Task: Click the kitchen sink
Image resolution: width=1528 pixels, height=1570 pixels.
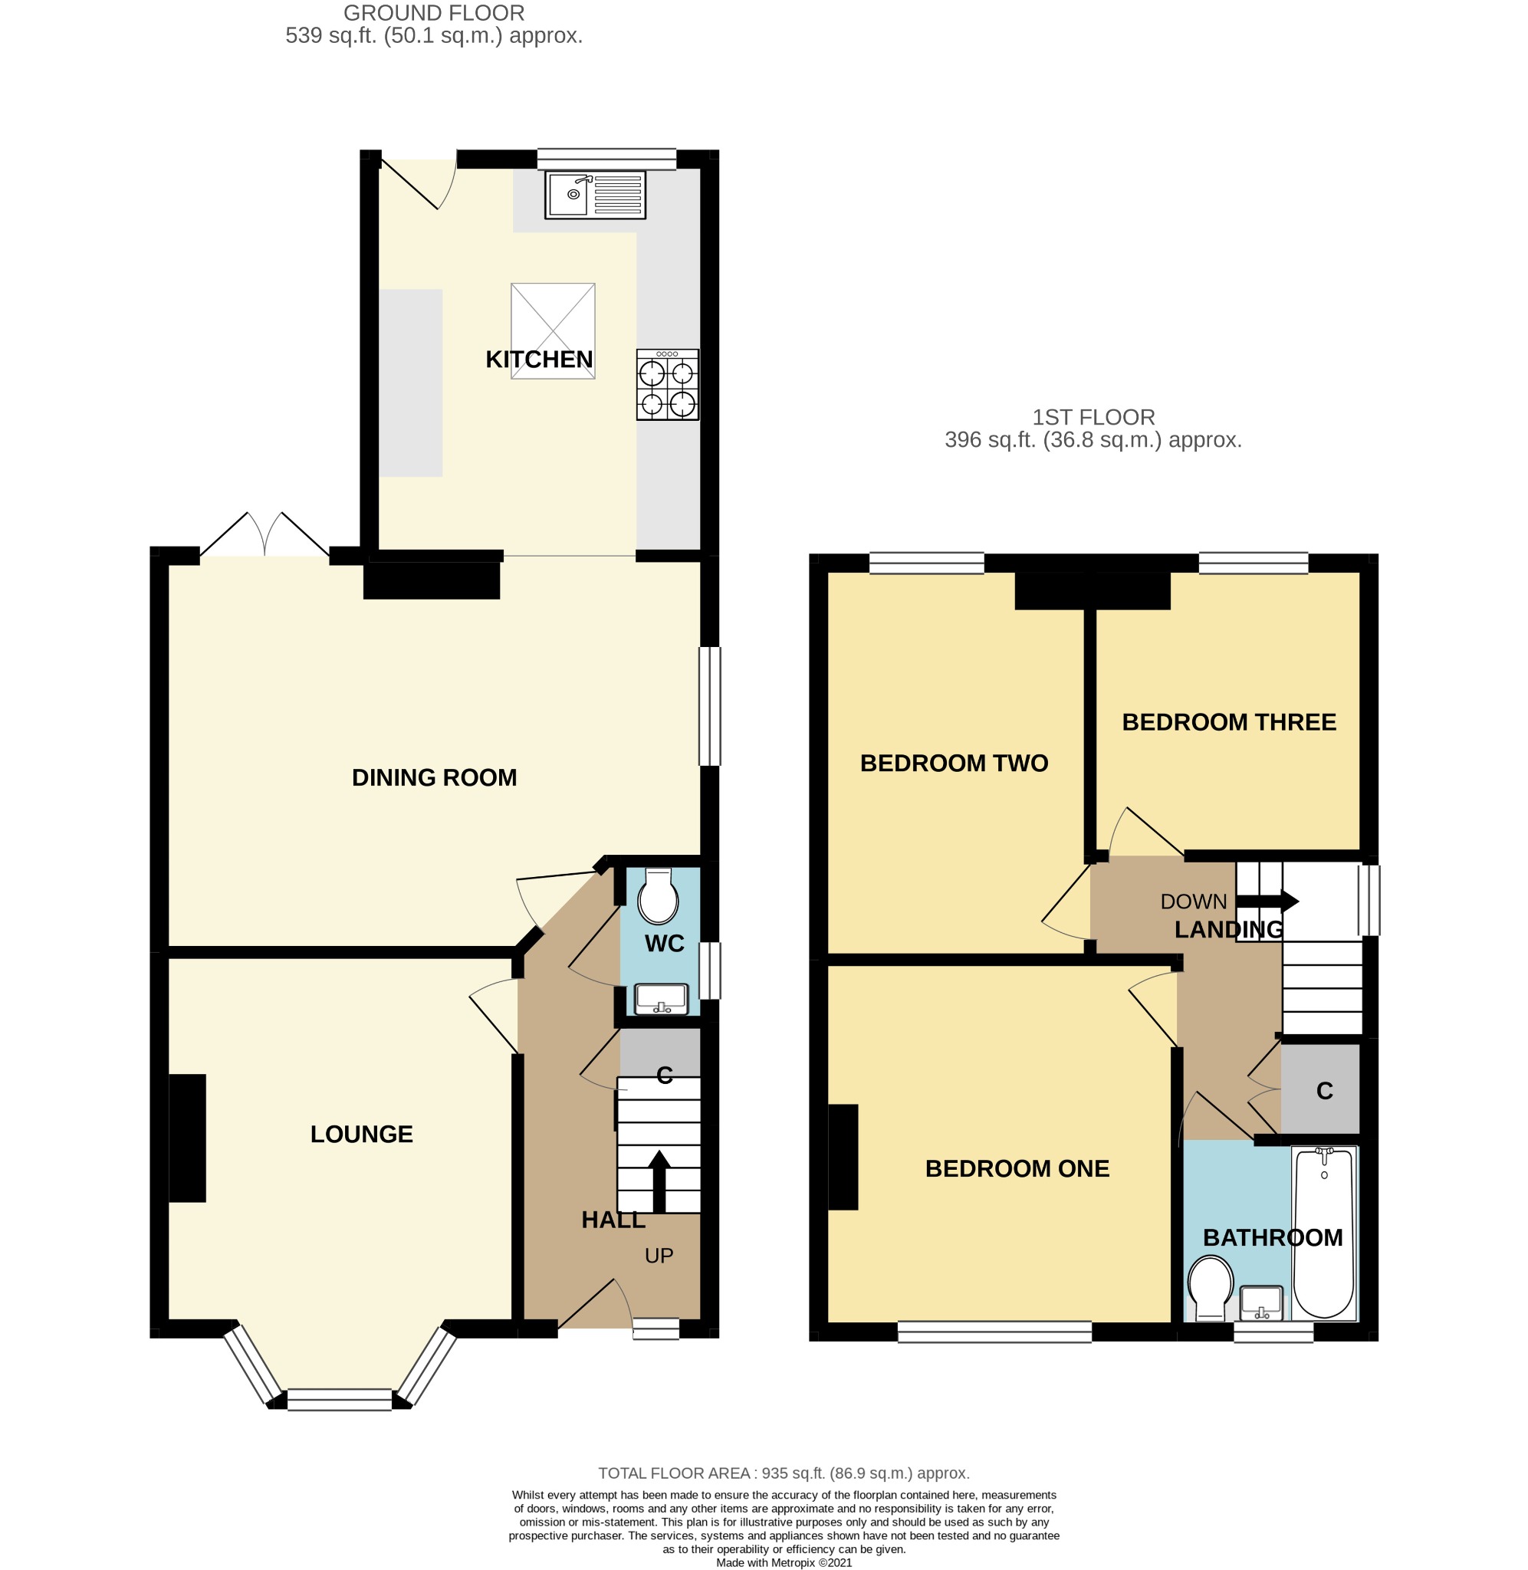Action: tap(595, 195)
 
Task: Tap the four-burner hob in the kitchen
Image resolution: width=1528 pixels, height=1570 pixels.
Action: tap(668, 384)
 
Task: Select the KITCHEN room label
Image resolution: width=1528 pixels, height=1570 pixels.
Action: tap(539, 360)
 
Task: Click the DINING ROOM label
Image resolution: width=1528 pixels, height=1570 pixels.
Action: tap(434, 777)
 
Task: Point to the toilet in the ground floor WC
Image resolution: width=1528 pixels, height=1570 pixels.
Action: tap(658, 895)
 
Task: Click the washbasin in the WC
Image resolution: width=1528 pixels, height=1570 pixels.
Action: tap(662, 1000)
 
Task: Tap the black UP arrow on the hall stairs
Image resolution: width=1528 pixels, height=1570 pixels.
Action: tap(659, 1181)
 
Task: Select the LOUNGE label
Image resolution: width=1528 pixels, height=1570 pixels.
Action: tap(362, 1134)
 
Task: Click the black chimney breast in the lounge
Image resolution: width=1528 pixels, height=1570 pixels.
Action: tap(187, 1138)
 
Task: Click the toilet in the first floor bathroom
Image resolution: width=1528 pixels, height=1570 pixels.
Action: tap(1210, 1289)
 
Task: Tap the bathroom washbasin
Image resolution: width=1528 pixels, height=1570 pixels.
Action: tap(1260, 1303)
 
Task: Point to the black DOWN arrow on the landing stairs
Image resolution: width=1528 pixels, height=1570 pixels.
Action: tap(1267, 901)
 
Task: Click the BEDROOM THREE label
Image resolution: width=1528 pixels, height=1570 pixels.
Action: tap(1229, 722)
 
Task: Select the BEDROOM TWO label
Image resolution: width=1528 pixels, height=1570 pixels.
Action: tap(955, 763)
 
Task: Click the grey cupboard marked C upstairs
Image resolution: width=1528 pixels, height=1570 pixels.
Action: tap(1320, 1089)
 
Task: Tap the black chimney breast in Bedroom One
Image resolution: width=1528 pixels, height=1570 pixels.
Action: tap(843, 1157)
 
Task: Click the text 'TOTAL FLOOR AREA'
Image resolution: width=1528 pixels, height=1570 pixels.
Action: tap(674, 1473)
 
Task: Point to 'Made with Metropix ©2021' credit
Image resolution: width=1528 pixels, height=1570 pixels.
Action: tap(784, 1562)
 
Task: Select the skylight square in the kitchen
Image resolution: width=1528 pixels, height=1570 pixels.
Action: tap(553, 330)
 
